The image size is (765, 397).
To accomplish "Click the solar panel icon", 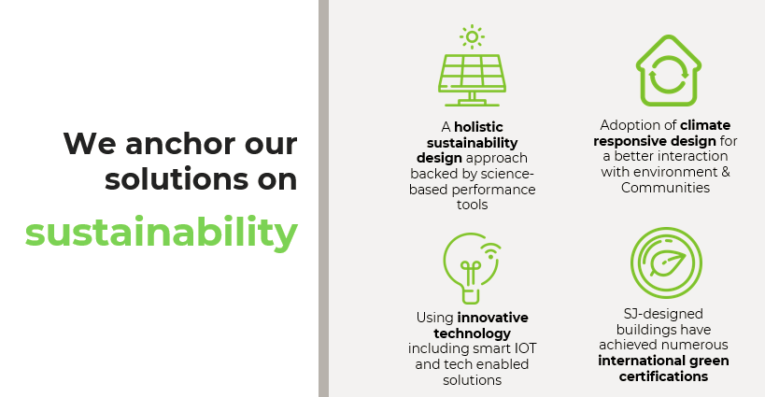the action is pyautogui.click(x=472, y=79).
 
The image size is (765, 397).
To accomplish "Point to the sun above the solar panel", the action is pyautogui.click(x=472, y=37).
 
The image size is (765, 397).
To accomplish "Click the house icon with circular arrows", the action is pyautogui.click(x=669, y=70).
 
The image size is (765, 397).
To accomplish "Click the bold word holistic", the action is pyautogui.click(x=478, y=127).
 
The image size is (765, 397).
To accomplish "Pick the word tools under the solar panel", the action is pyautogui.click(x=472, y=205).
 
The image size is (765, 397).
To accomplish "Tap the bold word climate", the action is pyautogui.click(x=705, y=125).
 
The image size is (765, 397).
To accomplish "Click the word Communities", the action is pyautogui.click(x=665, y=188).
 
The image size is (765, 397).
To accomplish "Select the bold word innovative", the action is pyautogui.click(x=493, y=318).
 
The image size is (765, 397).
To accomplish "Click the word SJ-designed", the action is pyautogui.click(x=663, y=314).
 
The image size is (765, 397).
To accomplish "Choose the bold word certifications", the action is pyautogui.click(x=663, y=376).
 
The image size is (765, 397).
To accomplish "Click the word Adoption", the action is pyautogui.click(x=632, y=126).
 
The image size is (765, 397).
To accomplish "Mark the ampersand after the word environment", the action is pyautogui.click(x=726, y=172).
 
